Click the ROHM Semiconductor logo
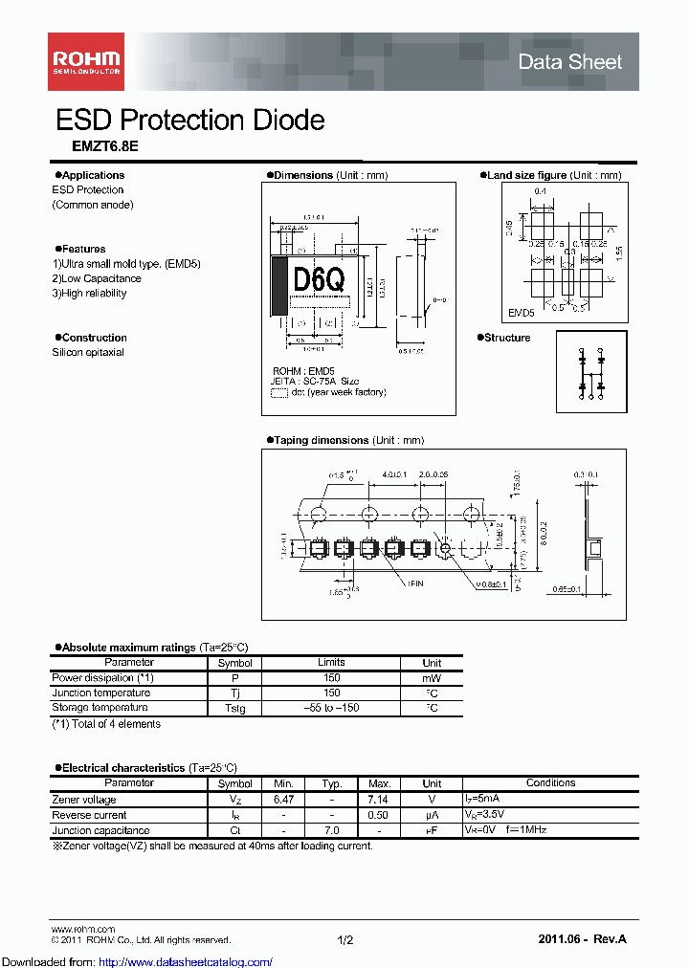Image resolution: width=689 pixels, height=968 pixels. [x=85, y=62]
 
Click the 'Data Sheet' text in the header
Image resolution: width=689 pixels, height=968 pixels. [x=569, y=62]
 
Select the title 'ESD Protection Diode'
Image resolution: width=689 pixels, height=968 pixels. [x=189, y=120]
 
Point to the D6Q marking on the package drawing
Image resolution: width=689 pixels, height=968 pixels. [x=319, y=280]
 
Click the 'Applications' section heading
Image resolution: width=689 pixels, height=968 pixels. [x=93, y=175]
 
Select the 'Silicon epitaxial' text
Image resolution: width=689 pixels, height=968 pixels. [x=87, y=352]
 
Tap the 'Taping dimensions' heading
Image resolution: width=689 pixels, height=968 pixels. [x=321, y=440]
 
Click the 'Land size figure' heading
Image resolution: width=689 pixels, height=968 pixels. [x=526, y=175]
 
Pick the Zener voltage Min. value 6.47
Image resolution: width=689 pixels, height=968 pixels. [x=284, y=799]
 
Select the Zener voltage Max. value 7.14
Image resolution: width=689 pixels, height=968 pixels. [x=380, y=799]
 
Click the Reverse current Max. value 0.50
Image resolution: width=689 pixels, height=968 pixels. [x=380, y=815]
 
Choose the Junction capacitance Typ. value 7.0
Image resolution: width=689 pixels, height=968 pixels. [x=332, y=830]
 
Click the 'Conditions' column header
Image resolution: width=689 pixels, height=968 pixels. [x=550, y=782]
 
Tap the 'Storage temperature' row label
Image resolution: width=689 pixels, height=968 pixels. [x=100, y=708]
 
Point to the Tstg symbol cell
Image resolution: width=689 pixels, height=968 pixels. [x=234, y=709]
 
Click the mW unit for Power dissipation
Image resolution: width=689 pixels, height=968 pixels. [x=432, y=677]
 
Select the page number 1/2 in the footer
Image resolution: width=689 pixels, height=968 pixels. [x=345, y=940]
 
